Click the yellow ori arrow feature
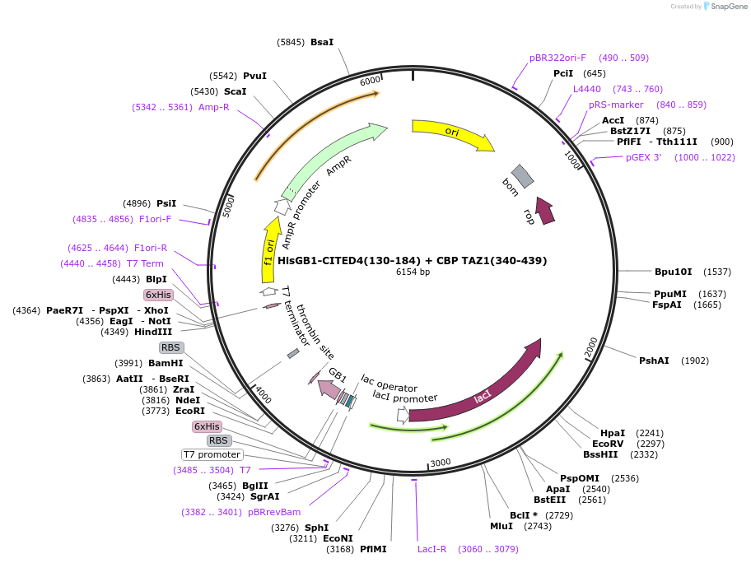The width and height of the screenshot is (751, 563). tap(452, 133)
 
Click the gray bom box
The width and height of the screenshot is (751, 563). tap(522, 175)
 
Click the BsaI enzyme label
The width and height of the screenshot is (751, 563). tap(322, 42)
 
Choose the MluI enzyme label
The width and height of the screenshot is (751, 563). tap(501, 526)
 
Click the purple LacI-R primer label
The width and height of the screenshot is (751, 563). tap(431, 549)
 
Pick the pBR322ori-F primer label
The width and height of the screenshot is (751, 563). tap(557, 58)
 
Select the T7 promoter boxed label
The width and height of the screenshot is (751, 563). tap(212, 454)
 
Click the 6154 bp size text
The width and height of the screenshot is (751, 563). tap(413, 272)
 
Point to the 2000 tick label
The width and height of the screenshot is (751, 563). tap(591, 348)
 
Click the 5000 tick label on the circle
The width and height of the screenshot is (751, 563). tap(230, 204)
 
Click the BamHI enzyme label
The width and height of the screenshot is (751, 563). tap(166, 363)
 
